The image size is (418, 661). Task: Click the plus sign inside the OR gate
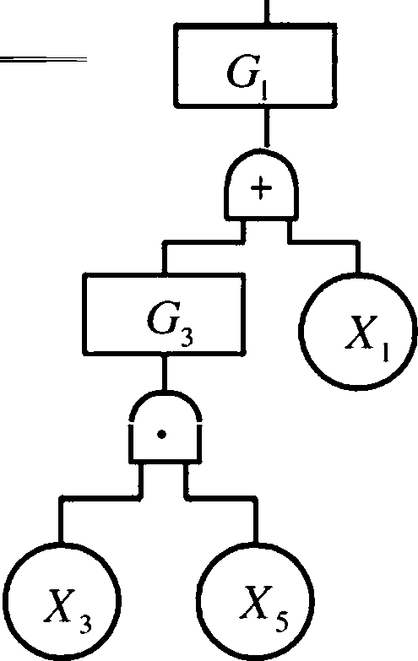point(262,188)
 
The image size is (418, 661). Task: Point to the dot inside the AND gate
point(161,434)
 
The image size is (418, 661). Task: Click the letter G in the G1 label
point(242,72)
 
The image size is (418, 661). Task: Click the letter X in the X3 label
point(58,606)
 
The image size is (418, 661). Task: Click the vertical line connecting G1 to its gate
point(266,127)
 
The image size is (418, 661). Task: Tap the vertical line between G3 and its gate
point(165,372)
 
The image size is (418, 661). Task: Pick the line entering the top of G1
point(266,12)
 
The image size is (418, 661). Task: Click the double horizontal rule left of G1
point(43,59)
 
